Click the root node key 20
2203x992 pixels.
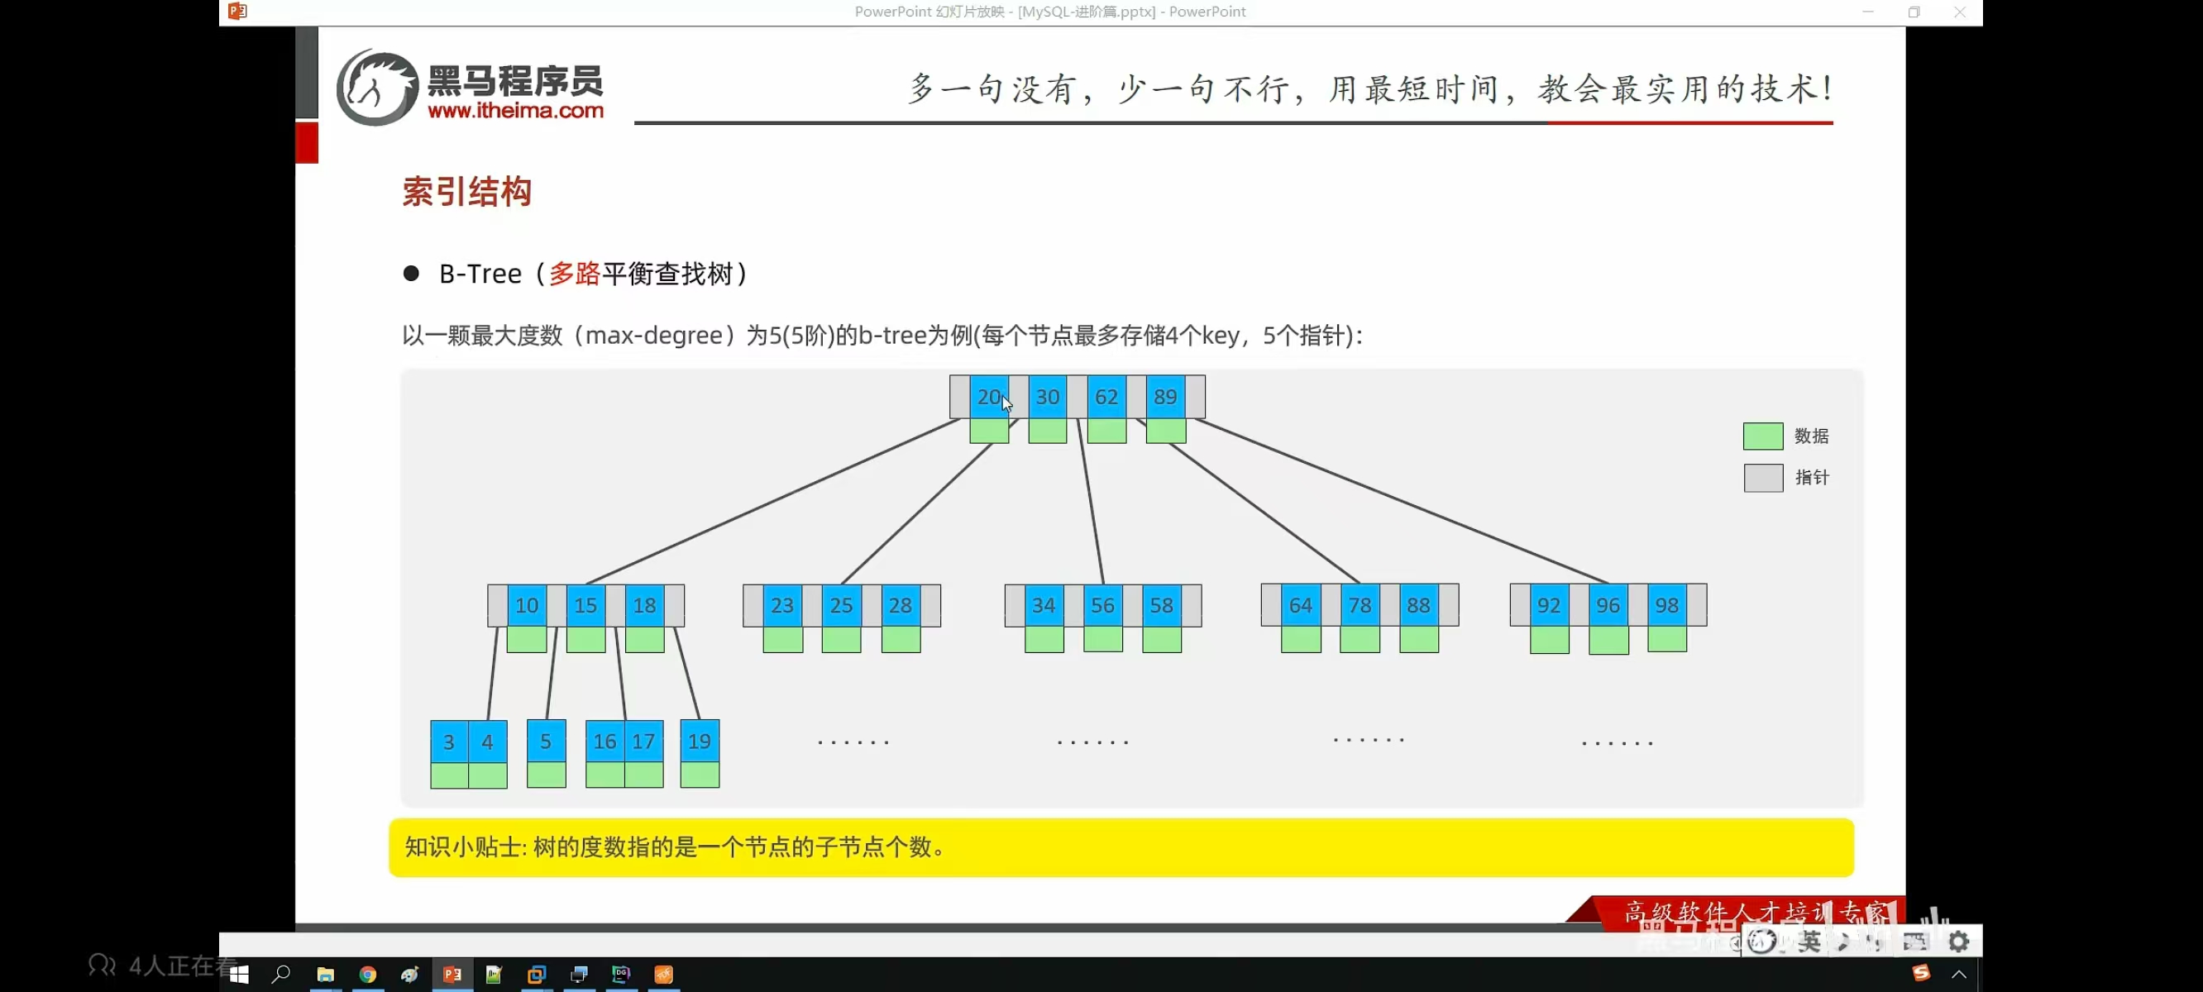click(x=988, y=397)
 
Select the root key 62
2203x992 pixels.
click(x=1106, y=397)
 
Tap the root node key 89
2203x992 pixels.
click(x=1165, y=397)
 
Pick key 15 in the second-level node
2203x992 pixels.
click(x=585, y=605)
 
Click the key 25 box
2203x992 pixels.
click(x=841, y=605)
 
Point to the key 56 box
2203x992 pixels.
click(x=1102, y=605)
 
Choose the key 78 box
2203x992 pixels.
click(x=1359, y=605)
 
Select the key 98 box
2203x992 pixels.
click(x=1666, y=605)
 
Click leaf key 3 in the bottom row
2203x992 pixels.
click(x=448, y=742)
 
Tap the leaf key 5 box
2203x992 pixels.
click(x=546, y=742)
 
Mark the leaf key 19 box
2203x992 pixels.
click(x=699, y=742)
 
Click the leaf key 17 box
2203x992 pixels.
click(x=643, y=742)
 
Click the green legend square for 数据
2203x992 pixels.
click(x=1761, y=436)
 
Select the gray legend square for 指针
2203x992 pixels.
click(x=1761, y=478)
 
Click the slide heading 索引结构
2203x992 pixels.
click(x=467, y=192)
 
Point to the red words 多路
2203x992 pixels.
click(x=574, y=274)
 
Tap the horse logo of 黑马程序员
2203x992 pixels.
click(x=377, y=88)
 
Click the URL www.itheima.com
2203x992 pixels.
click(x=515, y=110)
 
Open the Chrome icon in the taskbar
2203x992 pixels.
click(x=368, y=974)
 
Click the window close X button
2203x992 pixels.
click(x=1959, y=12)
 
